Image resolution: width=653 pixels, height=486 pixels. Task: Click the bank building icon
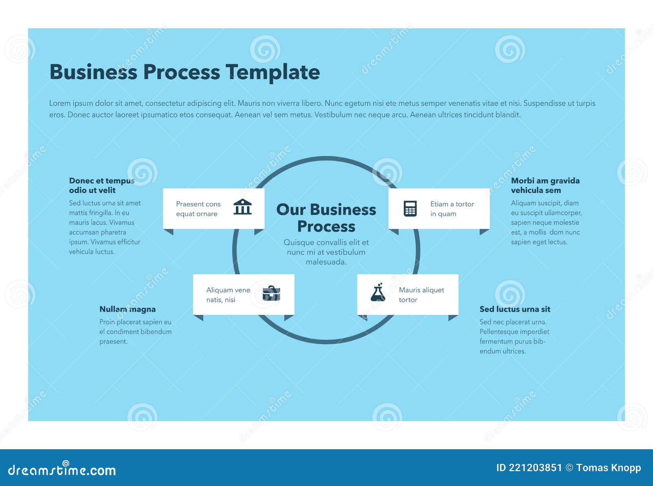click(242, 207)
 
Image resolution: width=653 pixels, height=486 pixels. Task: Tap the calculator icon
click(410, 208)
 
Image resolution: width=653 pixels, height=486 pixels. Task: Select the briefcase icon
click(271, 293)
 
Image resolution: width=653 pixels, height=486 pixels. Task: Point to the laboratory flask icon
click(378, 292)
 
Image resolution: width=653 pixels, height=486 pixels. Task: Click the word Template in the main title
click(272, 72)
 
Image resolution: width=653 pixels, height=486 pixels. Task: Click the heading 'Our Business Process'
click(326, 218)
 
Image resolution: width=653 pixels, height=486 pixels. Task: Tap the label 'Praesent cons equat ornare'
click(198, 209)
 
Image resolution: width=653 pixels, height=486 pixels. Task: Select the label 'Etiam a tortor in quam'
click(452, 209)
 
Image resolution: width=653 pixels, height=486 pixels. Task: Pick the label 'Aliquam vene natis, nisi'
click(228, 294)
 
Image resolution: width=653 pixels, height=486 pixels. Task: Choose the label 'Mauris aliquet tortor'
click(421, 294)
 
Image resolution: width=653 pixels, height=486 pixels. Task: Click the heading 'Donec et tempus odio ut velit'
click(102, 185)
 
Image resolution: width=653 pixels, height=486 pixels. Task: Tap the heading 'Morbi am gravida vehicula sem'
click(545, 185)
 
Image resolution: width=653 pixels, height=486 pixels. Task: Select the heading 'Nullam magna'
click(127, 309)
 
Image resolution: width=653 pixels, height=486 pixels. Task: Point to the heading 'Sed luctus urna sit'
click(515, 309)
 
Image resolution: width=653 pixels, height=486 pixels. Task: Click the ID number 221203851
click(535, 468)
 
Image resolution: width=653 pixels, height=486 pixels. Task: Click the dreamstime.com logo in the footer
click(62, 470)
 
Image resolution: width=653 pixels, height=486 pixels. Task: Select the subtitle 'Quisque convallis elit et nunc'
click(326, 247)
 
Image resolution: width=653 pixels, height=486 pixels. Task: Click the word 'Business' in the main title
click(93, 72)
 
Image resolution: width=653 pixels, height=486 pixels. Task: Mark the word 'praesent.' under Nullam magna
click(113, 341)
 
